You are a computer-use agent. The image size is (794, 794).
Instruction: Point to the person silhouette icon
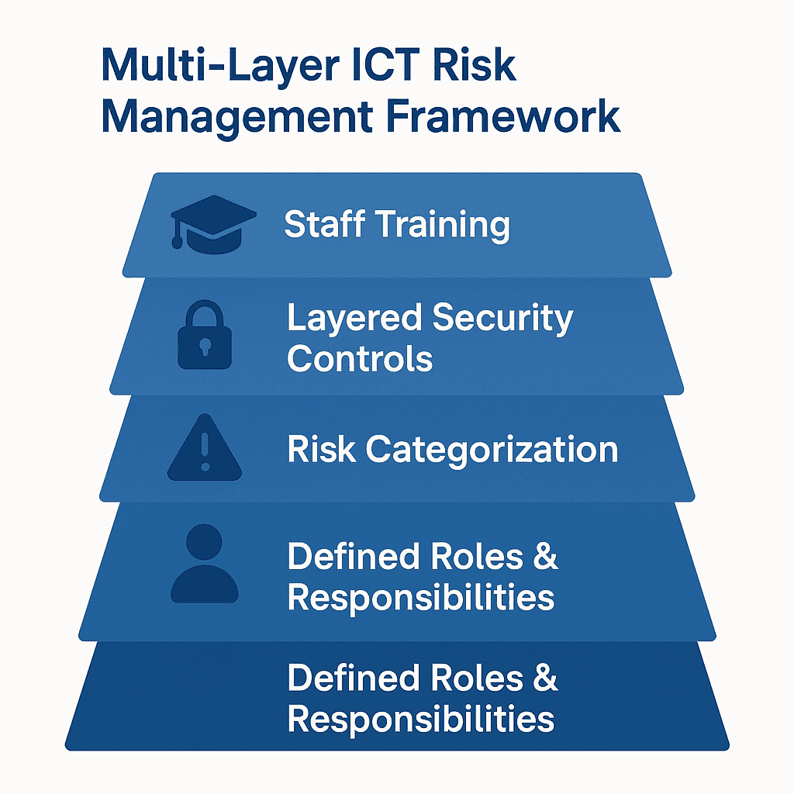coord(205,564)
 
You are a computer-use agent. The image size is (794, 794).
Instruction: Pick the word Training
coord(442,226)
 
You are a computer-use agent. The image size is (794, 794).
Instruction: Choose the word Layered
coord(354,319)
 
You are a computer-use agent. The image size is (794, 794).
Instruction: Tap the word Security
coord(503,319)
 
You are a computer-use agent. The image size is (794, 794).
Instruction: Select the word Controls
coord(360,358)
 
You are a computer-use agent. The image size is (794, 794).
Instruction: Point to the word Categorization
coord(492,450)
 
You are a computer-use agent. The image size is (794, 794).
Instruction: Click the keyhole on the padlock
coord(205,346)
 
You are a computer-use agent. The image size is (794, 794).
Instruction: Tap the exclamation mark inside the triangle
coord(205,454)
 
